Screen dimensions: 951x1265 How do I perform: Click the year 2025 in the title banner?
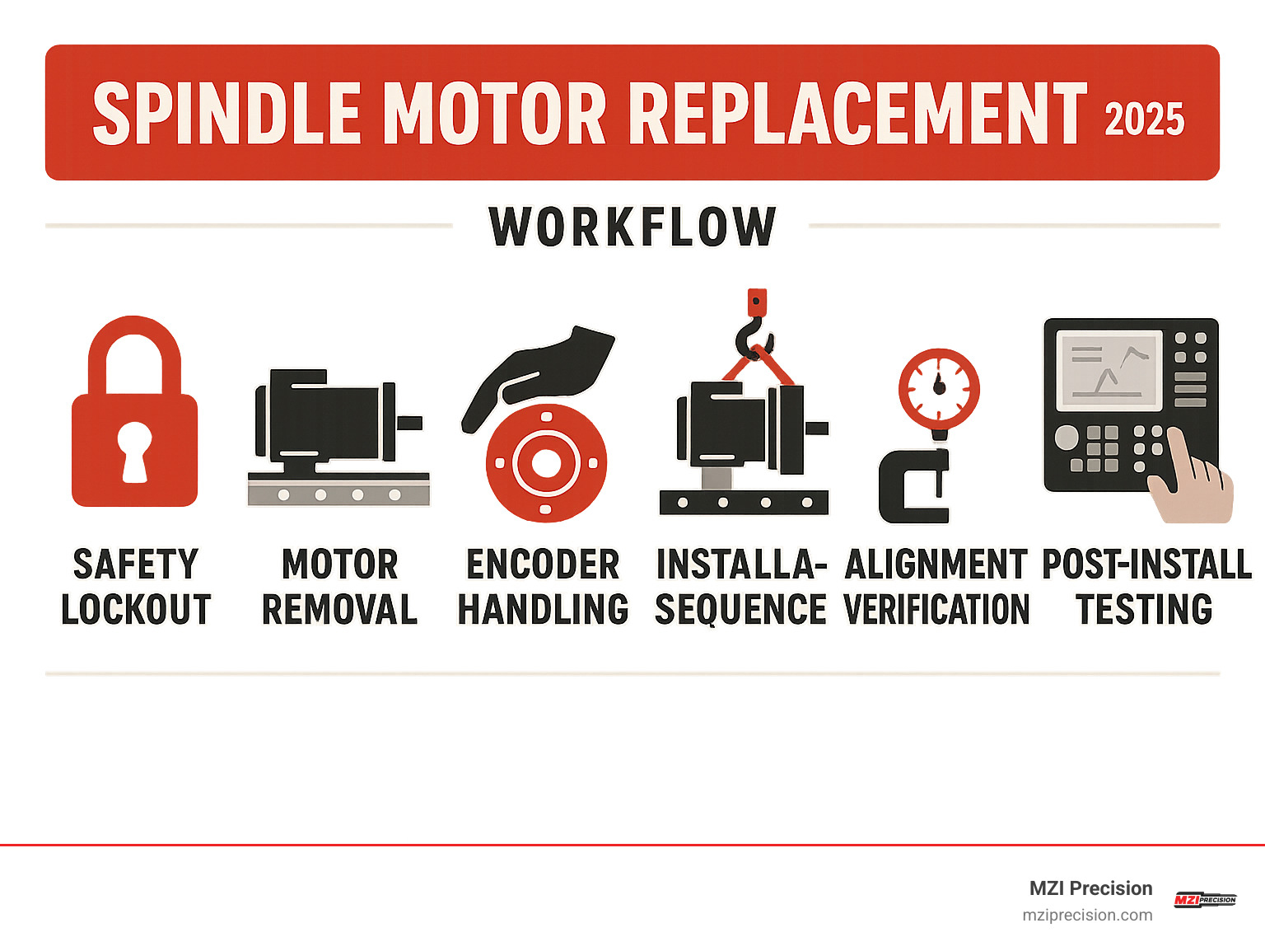click(x=1144, y=119)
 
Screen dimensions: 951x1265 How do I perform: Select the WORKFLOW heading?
click(x=632, y=227)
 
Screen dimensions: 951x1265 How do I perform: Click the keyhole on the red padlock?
click(x=134, y=449)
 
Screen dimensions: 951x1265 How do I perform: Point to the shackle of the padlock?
click(x=134, y=350)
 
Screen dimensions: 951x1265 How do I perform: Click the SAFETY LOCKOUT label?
click(x=136, y=587)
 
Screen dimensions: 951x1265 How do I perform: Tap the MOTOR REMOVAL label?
click(x=339, y=587)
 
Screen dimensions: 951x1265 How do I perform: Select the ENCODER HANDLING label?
click(x=543, y=587)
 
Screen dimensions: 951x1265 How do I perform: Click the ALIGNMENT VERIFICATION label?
click(x=936, y=587)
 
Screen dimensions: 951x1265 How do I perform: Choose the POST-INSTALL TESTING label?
click(x=1146, y=587)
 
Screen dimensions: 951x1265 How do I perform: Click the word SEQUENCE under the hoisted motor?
click(x=740, y=610)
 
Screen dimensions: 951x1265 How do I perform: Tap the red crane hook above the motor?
click(x=755, y=330)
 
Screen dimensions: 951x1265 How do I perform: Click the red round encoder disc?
click(x=546, y=463)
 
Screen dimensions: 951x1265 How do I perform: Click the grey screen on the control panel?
click(x=1109, y=370)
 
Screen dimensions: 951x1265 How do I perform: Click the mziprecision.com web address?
click(x=1087, y=915)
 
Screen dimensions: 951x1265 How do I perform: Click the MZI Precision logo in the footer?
click(x=1204, y=899)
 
